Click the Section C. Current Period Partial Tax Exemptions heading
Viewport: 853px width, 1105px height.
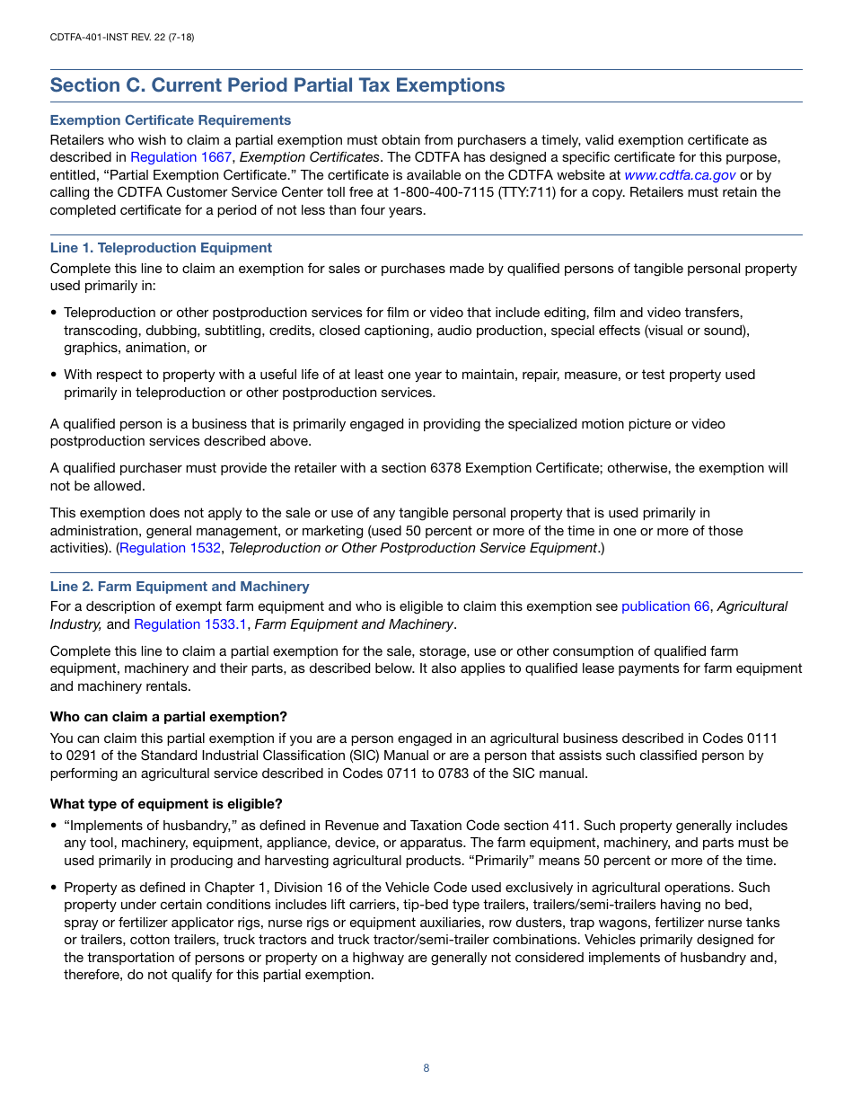[x=277, y=85]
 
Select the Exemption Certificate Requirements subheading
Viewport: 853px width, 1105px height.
[x=170, y=120]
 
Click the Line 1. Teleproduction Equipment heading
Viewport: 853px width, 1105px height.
[x=161, y=248]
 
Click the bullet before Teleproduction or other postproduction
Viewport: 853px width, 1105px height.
[x=54, y=314]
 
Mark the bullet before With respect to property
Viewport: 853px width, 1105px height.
[x=54, y=376]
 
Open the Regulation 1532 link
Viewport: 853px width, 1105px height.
[x=170, y=548]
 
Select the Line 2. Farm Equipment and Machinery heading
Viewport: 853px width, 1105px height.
[x=180, y=587]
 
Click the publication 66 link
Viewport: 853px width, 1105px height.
[x=664, y=606]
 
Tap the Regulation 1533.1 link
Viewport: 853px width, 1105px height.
[x=190, y=624]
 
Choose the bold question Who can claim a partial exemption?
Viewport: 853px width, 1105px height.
[x=168, y=717]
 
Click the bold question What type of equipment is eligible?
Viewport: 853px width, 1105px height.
[x=166, y=804]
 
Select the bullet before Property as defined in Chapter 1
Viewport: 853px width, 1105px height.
[x=54, y=888]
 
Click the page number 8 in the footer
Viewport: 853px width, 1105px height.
[x=426, y=1068]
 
